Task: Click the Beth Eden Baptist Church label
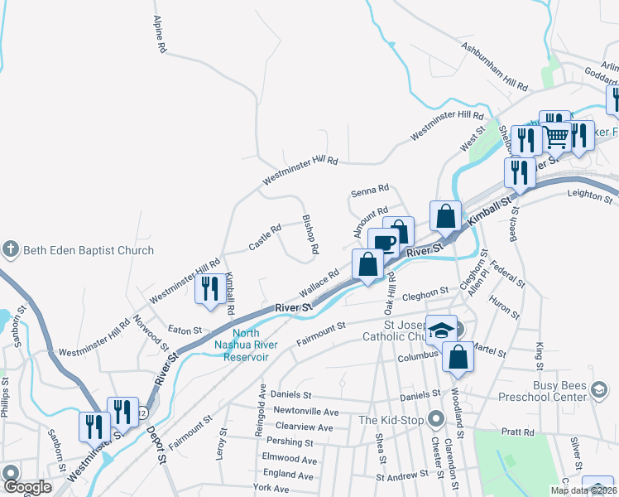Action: (89, 250)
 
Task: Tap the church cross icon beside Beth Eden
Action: (10, 249)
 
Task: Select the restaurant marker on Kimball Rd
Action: (209, 288)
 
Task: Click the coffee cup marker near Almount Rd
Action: (383, 243)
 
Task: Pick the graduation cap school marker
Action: (441, 329)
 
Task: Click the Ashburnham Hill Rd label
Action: (495, 66)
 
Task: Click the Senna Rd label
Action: (369, 189)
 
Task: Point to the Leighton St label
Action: (588, 194)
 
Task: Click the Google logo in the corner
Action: (26, 487)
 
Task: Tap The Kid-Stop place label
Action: (391, 420)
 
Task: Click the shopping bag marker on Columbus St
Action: (457, 357)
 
